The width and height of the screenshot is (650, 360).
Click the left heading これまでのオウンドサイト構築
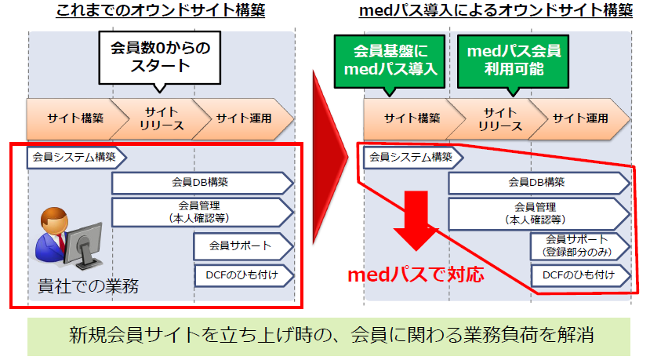161,12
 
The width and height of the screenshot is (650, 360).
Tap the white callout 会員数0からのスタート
158,56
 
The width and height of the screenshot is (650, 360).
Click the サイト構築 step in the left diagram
74,118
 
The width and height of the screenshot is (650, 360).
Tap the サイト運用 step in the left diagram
244,118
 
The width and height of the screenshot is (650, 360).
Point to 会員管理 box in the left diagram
202,211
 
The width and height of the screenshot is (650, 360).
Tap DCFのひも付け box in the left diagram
243,275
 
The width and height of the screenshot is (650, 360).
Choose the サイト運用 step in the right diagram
581,118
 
